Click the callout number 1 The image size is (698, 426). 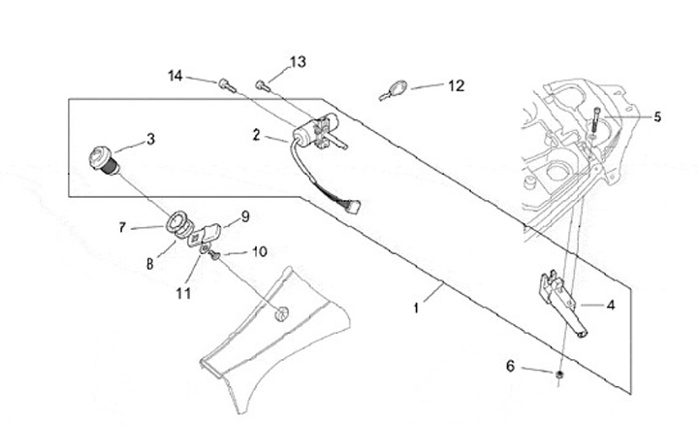[416, 308]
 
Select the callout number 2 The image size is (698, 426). [256, 137]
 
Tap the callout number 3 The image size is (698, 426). [150, 139]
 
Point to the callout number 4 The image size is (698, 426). [611, 305]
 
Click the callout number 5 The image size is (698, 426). [656, 117]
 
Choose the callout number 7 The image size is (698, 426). [123, 228]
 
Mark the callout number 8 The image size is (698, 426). [149, 261]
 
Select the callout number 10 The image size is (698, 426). [260, 250]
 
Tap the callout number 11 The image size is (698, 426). [184, 290]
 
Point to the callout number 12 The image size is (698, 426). [456, 85]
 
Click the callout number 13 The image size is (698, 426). [298, 62]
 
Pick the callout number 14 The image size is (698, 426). [174, 75]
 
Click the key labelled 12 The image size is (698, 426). [392, 91]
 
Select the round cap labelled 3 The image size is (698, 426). [102, 157]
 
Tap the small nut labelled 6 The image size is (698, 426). [560, 374]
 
